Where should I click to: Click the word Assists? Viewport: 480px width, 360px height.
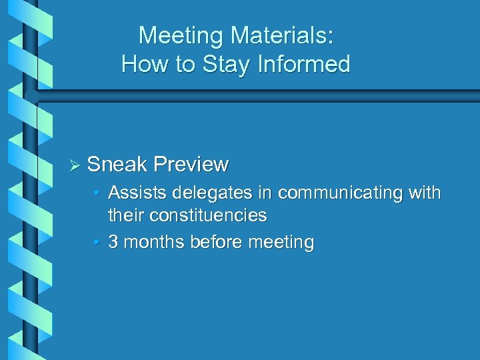pos(138,193)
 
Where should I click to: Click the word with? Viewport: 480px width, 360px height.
pos(424,193)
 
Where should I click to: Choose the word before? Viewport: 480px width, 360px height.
pos(216,242)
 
